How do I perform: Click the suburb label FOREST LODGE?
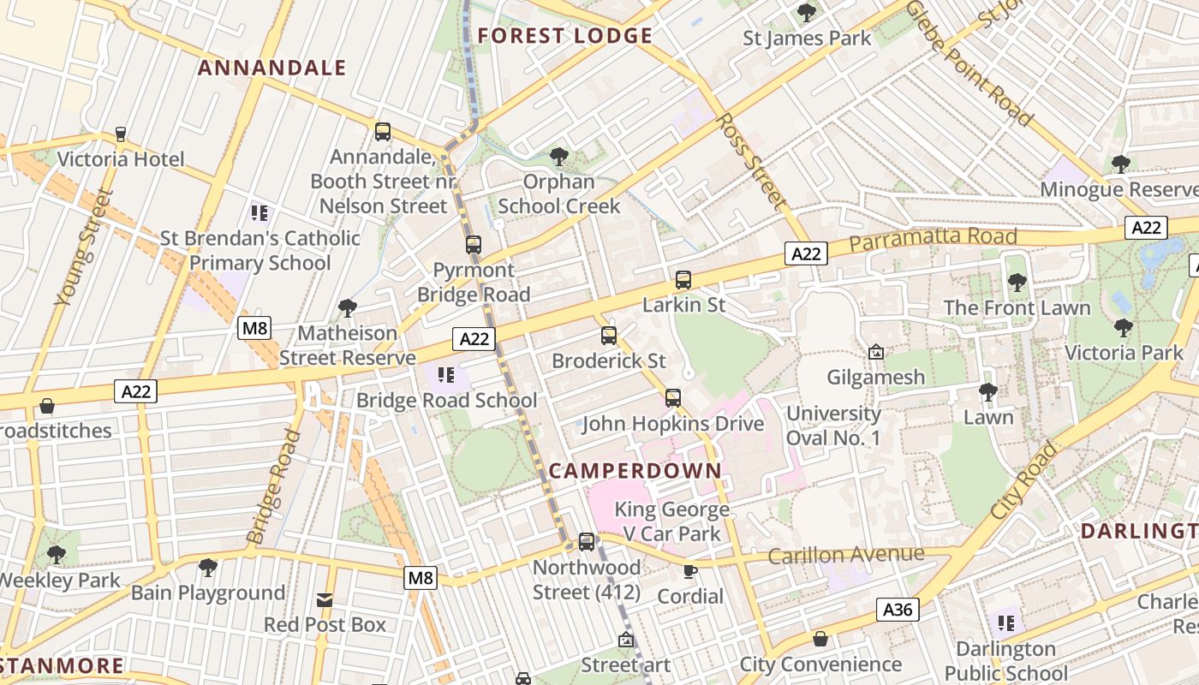pyautogui.click(x=565, y=36)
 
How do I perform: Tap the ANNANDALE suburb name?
pyautogui.click(x=272, y=68)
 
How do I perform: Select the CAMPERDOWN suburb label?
pyautogui.click(x=635, y=471)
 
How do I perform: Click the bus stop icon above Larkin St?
pyautogui.click(x=683, y=279)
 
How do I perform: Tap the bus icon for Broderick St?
pyautogui.click(x=609, y=335)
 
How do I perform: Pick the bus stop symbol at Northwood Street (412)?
pyautogui.click(x=587, y=541)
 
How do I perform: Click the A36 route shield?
pyautogui.click(x=898, y=610)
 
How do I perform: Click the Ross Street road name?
pyautogui.click(x=752, y=161)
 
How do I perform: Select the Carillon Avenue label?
pyautogui.click(x=845, y=555)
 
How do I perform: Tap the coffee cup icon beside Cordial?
pyautogui.click(x=690, y=571)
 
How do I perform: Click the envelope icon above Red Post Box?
pyautogui.click(x=325, y=599)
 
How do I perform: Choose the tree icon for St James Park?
pyautogui.click(x=806, y=13)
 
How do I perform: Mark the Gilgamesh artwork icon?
pyautogui.click(x=876, y=352)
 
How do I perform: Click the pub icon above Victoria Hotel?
pyautogui.click(x=121, y=134)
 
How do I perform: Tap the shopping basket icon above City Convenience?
pyautogui.click(x=820, y=639)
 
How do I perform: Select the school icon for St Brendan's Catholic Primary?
pyautogui.click(x=259, y=212)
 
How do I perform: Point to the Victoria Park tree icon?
pyautogui.click(x=1123, y=327)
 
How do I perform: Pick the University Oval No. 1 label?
pyautogui.click(x=833, y=426)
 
